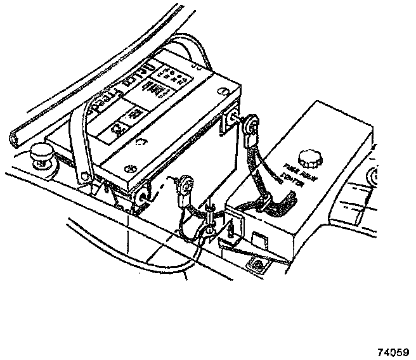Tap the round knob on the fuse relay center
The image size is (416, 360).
click(310, 157)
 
